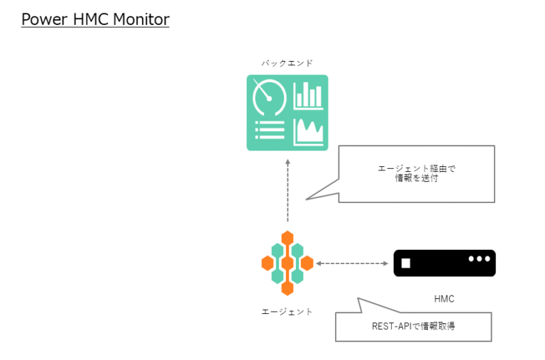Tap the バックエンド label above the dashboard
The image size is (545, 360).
point(287,63)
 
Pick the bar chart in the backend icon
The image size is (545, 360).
point(309,95)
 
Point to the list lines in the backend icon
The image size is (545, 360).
point(269,131)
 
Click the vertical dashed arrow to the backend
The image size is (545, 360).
point(287,190)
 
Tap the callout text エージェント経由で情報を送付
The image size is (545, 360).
point(416,174)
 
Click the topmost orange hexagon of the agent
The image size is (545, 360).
point(287,239)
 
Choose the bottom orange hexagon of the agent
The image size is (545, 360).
point(287,288)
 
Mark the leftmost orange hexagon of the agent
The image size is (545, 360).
point(268,263)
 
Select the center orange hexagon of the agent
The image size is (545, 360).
point(287,263)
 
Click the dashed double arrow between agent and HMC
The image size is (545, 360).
point(351,263)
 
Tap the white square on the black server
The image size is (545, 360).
point(406,263)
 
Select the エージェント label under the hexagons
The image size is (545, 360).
point(287,312)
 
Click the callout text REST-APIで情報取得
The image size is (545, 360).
point(412,327)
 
